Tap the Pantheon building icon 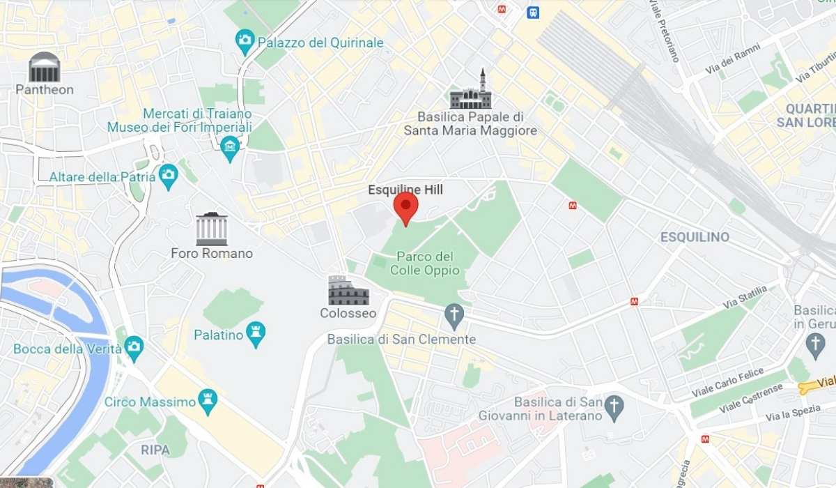click(x=45, y=67)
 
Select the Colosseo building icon click(x=348, y=291)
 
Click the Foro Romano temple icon click(x=212, y=229)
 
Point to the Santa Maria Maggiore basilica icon click(x=471, y=92)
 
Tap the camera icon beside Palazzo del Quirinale click(x=245, y=40)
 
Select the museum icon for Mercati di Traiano click(x=229, y=147)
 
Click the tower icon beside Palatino click(x=256, y=334)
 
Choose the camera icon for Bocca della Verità click(x=134, y=346)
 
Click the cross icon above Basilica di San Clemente click(x=454, y=315)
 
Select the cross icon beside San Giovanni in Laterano click(x=614, y=407)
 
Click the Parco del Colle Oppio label click(x=422, y=263)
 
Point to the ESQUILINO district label click(x=695, y=237)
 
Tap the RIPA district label click(x=155, y=450)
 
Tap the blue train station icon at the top click(x=533, y=12)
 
